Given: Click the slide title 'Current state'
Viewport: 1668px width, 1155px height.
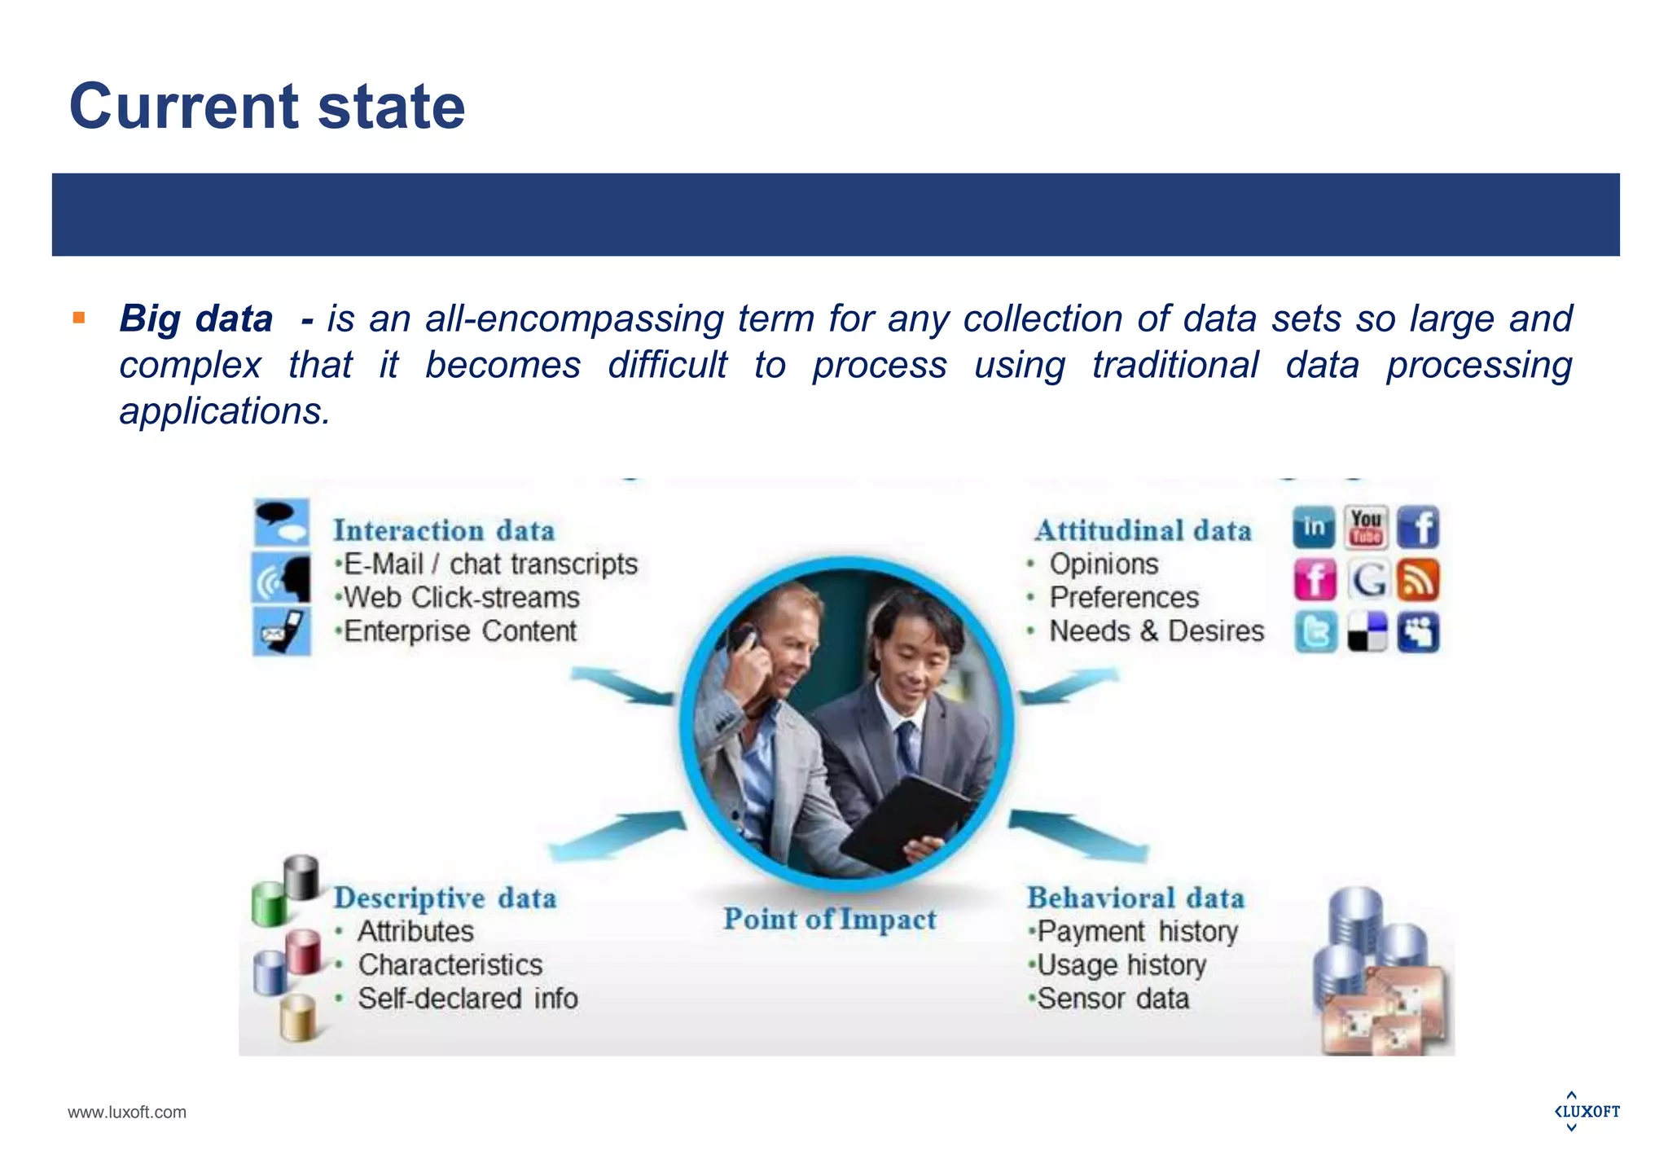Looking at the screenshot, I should pyautogui.click(x=267, y=106).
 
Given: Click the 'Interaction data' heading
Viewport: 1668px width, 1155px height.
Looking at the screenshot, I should pyautogui.click(x=444, y=530).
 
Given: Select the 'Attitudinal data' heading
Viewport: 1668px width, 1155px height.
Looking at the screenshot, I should pyautogui.click(x=1143, y=530).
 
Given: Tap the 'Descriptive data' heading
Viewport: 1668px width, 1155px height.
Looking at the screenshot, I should pyautogui.click(x=445, y=898).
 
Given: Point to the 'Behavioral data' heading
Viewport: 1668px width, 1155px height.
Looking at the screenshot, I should pyautogui.click(x=1135, y=898).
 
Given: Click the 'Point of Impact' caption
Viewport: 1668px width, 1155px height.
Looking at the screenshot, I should pyautogui.click(x=830, y=920).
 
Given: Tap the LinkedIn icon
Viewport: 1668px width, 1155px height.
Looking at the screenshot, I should pyautogui.click(x=1314, y=527).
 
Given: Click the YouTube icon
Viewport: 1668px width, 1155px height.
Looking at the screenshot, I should pyautogui.click(x=1366, y=527).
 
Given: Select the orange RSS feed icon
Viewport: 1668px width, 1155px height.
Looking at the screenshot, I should pyautogui.click(x=1418, y=580).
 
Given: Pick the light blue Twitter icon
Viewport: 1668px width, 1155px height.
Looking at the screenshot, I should pyautogui.click(x=1315, y=632).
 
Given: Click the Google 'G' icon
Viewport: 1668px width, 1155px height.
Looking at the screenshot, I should pyautogui.click(x=1367, y=580).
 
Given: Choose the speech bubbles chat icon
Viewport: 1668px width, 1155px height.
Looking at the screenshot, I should pyautogui.click(x=281, y=521).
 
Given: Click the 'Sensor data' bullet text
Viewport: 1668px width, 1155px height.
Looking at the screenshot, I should pyautogui.click(x=1113, y=999).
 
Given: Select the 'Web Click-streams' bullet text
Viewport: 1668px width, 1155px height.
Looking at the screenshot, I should pyautogui.click(x=461, y=598).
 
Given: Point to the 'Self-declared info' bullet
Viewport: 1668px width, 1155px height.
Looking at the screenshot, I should pyautogui.click(x=467, y=999).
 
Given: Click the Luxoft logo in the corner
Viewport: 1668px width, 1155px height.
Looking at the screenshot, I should pyautogui.click(x=1587, y=1111).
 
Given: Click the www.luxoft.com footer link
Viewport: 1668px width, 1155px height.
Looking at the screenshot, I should pyautogui.click(x=127, y=1112).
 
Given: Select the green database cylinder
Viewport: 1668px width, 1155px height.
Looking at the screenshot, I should pyautogui.click(x=268, y=904).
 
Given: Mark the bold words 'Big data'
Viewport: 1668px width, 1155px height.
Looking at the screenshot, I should pyautogui.click(x=195, y=318).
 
